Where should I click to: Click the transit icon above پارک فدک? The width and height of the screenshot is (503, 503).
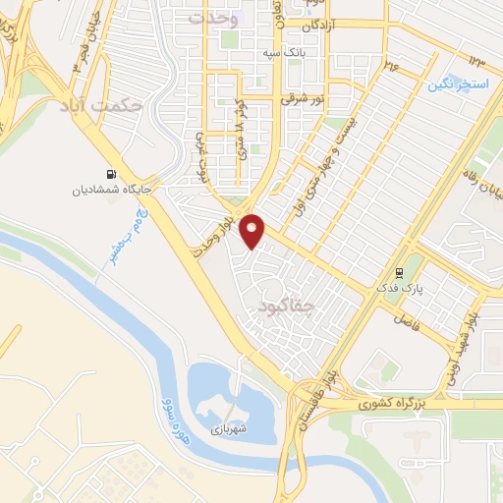399,272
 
